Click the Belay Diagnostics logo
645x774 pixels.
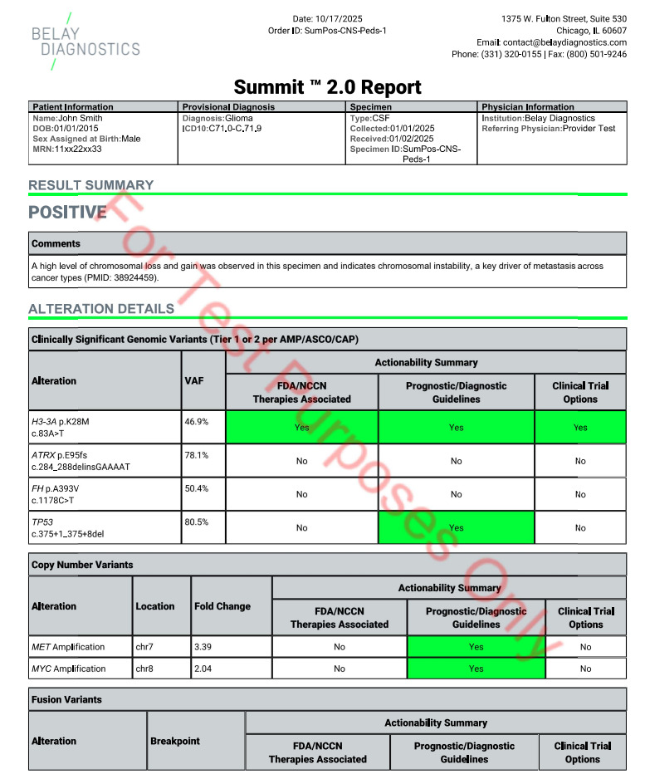point(85,41)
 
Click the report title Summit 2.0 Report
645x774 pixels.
point(327,86)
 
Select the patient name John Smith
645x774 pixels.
point(81,119)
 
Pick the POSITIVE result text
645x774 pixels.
point(68,213)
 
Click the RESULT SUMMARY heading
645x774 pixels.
point(91,184)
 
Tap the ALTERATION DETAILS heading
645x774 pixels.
point(101,309)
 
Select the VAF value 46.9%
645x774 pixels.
point(197,422)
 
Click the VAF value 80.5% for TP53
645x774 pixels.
point(197,522)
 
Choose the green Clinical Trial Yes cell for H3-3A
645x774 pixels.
point(580,427)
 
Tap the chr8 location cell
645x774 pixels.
point(145,668)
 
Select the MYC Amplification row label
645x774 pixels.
point(69,668)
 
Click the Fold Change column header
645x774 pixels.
point(222,606)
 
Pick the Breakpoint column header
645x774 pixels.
point(175,741)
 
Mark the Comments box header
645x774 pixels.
point(56,244)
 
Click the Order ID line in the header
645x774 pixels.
point(327,30)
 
